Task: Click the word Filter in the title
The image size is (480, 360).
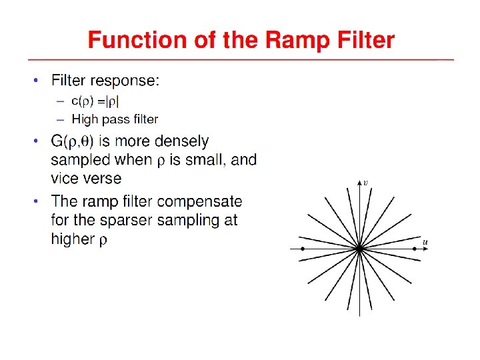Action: [x=363, y=41]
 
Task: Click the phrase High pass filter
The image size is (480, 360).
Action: [x=115, y=119]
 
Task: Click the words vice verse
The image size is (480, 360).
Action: [x=86, y=178]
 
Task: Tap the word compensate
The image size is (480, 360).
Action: [x=199, y=201]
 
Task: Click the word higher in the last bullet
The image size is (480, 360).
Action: [x=73, y=239]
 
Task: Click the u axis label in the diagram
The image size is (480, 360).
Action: [x=425, y=241]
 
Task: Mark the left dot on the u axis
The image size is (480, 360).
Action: [x=303, y=249]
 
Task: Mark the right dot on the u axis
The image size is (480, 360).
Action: [x=415, y=249]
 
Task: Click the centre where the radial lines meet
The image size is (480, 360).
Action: [x=359, y=249]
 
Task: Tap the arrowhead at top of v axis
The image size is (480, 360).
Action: [x=359, y=182]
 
